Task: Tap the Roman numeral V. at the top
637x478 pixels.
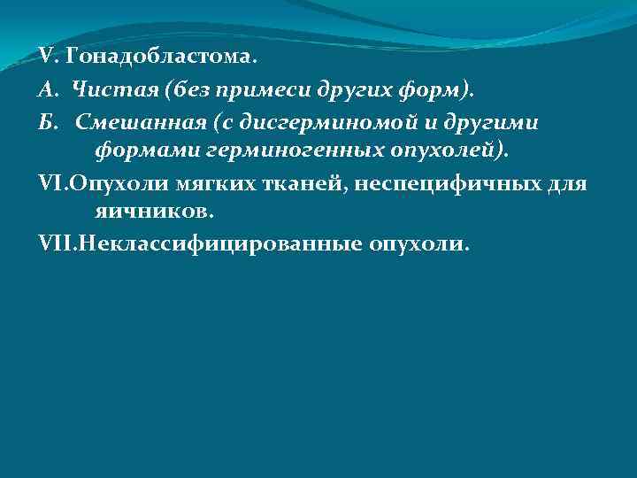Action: (x=49, y=58)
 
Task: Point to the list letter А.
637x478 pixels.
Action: (x=48, y=89)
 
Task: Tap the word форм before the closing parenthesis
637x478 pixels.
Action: (x=439, y=89)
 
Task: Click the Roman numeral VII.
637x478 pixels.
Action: (x=58, y=243)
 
